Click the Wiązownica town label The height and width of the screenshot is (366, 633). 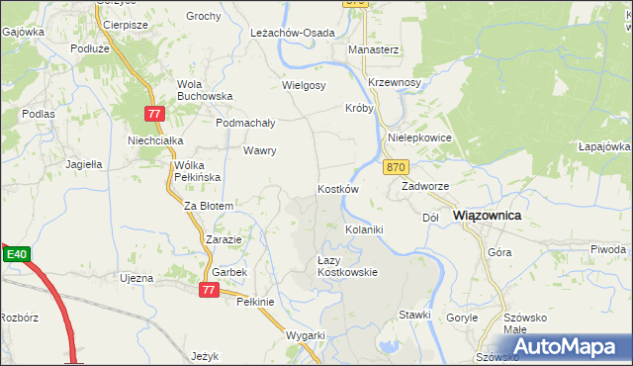(487, 215)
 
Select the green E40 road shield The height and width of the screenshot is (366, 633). (15, 255)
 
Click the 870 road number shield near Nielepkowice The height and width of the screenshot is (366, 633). (396, 167)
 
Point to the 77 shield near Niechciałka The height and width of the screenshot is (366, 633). (152, 115)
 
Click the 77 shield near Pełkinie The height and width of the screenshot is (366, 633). (208, 290)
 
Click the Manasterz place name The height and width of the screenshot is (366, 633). (373, 48)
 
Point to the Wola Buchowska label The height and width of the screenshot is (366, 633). (204, 90)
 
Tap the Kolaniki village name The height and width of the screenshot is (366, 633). (363, 229)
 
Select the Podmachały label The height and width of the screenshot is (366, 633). (245, 123)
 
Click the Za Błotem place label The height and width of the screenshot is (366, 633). (209, 206)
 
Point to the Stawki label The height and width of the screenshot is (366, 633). (415, 315)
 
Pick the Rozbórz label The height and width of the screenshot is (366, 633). (19, 319)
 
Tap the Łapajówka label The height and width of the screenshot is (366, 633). (605, 146)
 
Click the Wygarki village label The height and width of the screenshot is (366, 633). (306, 335)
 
